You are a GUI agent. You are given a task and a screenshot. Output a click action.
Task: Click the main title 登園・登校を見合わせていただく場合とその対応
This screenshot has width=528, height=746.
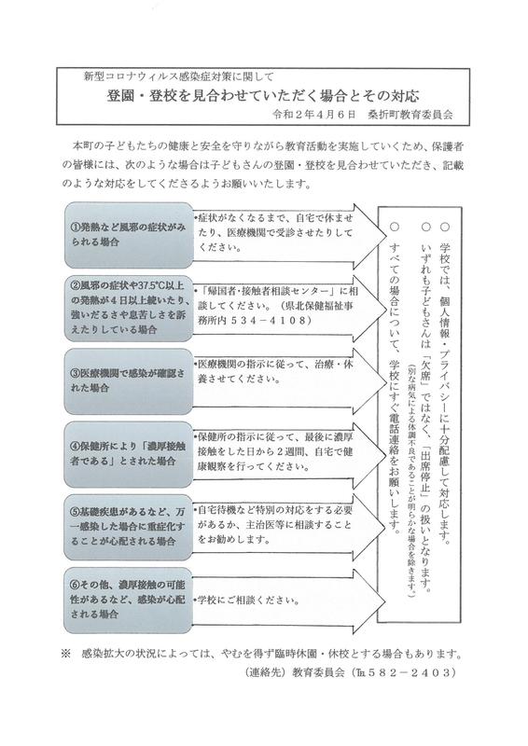pyautogui.click(x=263, y=96)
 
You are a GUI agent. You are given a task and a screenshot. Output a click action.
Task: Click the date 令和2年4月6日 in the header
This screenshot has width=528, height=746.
pyautogui.click(x=314, y=115)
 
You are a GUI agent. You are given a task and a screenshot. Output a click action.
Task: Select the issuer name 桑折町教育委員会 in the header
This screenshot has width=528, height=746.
pyautogui.click(x=410, y=115)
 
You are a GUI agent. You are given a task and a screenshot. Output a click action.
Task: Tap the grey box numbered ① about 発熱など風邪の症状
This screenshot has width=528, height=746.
pyautogui.click(x=129, y=235)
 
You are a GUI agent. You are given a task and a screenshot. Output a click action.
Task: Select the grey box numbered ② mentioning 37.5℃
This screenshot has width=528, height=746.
pyautogui.click(x=129, y=308)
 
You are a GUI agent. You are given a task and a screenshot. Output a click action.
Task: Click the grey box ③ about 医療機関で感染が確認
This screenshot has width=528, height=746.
pyautogui.click(x=129, y=381)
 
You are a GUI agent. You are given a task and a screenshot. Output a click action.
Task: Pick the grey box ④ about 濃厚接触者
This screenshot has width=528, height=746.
pyautogui.click(x=129, y=454)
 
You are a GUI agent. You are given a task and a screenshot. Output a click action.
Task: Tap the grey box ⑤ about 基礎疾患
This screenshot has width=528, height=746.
pyautogui.click(x=129, y=527)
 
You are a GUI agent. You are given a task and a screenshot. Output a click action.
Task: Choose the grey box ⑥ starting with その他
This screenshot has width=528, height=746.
pyautogui.click(x=129, y=600)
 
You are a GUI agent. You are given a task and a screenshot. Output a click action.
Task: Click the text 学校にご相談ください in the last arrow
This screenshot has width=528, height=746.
pyautogui.click(x=246, y=601)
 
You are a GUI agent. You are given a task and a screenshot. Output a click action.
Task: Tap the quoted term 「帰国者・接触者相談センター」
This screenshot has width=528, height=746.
pyautogui.click(x=269, y=291)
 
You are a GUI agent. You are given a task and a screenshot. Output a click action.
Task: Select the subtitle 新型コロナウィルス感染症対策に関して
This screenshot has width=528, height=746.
pyautogui.click(x=178, y=76)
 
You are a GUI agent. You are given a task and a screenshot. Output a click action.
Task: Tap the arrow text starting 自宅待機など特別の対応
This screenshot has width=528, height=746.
pyautogui.click(x=274, y=525)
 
